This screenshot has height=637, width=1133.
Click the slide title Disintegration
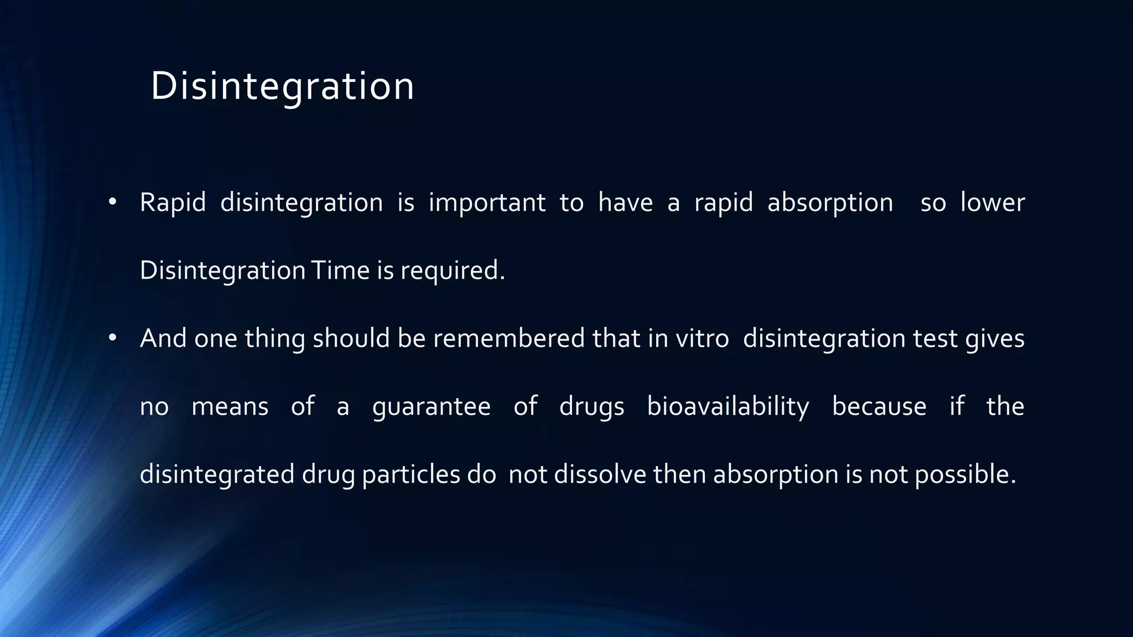point(282,86)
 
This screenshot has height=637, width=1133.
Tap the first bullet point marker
point(112,202)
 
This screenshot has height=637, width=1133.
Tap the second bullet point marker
point(112,338)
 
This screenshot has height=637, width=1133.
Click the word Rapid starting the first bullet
point(172,202)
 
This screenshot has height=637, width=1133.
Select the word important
point(487,202)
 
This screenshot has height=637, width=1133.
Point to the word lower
point(992,202)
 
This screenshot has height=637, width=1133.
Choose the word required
point(453,270)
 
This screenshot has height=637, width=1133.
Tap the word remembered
point(508,338)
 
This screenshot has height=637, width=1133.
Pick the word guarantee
point(431,407)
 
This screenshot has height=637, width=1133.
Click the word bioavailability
point(727,407)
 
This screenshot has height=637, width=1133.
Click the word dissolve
point(600,474)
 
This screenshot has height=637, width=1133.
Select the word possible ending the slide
point(965,474)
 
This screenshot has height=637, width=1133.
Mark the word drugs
point(591,407)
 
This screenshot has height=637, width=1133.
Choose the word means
point(230,407)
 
